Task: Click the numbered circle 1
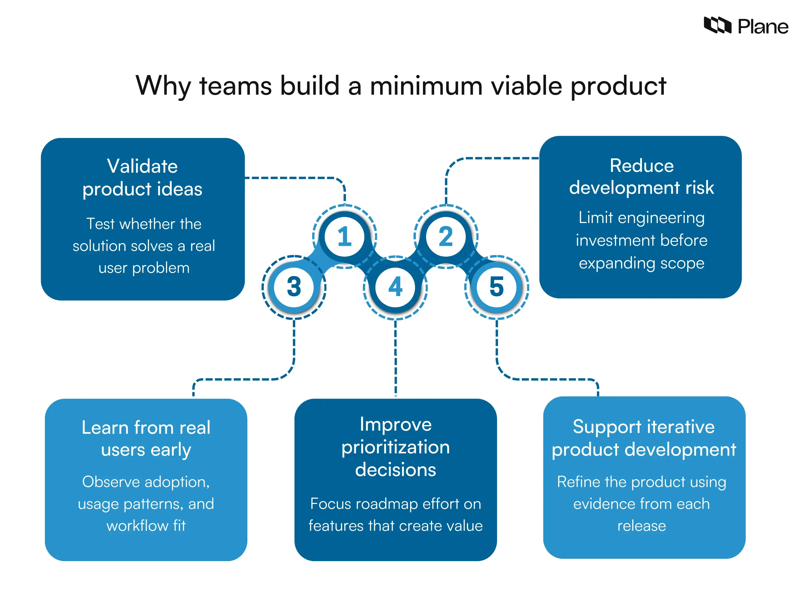click(344, 237)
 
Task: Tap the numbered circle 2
click(446, 237)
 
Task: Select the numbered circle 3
click(294, 287)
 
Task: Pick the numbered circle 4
click(395, 287)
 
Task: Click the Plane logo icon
click(717, 25)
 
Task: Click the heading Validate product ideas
click(143, 178)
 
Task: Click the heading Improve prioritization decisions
click(395, 447)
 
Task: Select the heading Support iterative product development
click(644, 438)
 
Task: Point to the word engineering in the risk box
click(661, 218)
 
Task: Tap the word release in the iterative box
click(641, 526)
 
